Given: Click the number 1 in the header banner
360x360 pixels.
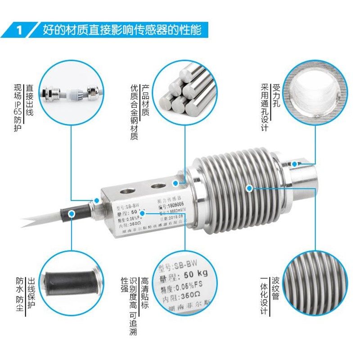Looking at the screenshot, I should (x=19, y=31).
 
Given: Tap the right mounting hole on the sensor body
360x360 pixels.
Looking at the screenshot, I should (x=157, y=185).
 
